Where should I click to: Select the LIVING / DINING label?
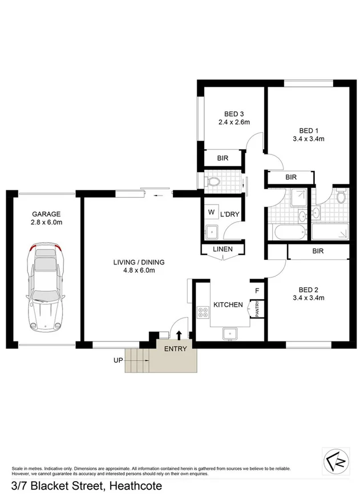coord(139,262)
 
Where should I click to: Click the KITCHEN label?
coord(228,305)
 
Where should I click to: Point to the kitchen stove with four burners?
coord(203,312)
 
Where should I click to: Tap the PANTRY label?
coord(257,308)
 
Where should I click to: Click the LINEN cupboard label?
coord(223,249)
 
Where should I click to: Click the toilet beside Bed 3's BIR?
coord(213,182)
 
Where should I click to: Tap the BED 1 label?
coord(308,129)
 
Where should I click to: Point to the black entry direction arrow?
coord(179,336)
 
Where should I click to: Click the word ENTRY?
coord(175,349)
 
